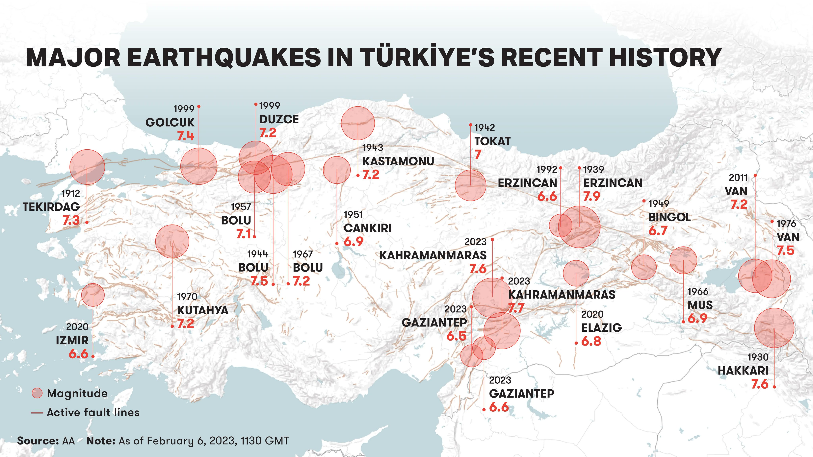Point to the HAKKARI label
click(743, 371)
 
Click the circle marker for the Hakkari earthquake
click(774, 328)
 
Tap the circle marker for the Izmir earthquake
click(93, 295)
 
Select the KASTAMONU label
click(398, 161)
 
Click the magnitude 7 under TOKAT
click(478, 155)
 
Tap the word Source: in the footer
click(38, 441)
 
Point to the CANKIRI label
click(367, 228)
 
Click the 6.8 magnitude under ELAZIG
click(591, 341)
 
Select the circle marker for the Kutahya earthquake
click(172, 241)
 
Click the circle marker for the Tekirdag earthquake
click(87, 167)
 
